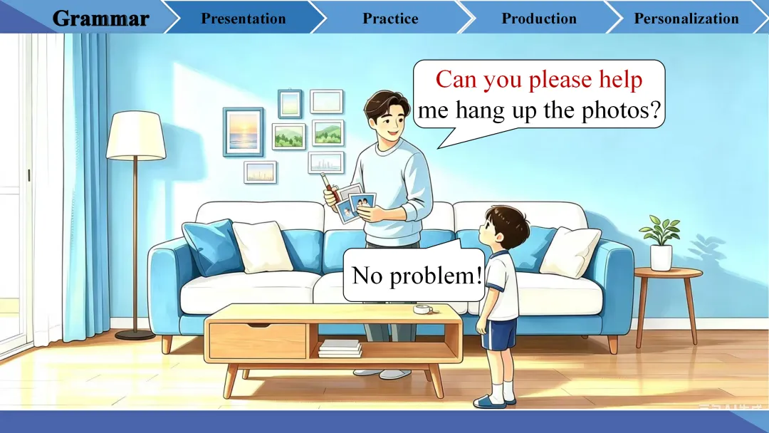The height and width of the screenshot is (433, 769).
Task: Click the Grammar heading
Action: click(100, 19)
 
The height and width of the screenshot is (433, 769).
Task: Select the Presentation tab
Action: click(244, 19)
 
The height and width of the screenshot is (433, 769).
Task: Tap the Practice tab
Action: click(390, 19)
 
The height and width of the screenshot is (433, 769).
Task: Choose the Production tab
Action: click(539, 19)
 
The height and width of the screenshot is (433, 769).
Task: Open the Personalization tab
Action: click(686, 19)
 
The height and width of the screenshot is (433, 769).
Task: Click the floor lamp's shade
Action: click(136, 135)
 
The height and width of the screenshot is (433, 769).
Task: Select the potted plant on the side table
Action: click(661, 243)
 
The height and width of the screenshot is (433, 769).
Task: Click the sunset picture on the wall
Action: click(244, 132)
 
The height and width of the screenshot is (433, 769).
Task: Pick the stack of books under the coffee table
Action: click(340, 348)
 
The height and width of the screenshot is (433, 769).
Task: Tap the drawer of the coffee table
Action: click(258, 341)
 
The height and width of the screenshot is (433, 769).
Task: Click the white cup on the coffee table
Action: click(423, 309)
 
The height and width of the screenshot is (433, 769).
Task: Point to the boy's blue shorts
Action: click(498, 334)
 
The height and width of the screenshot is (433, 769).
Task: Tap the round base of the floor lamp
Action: click(135, 335)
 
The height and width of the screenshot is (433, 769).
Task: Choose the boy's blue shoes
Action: click(494, 401)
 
